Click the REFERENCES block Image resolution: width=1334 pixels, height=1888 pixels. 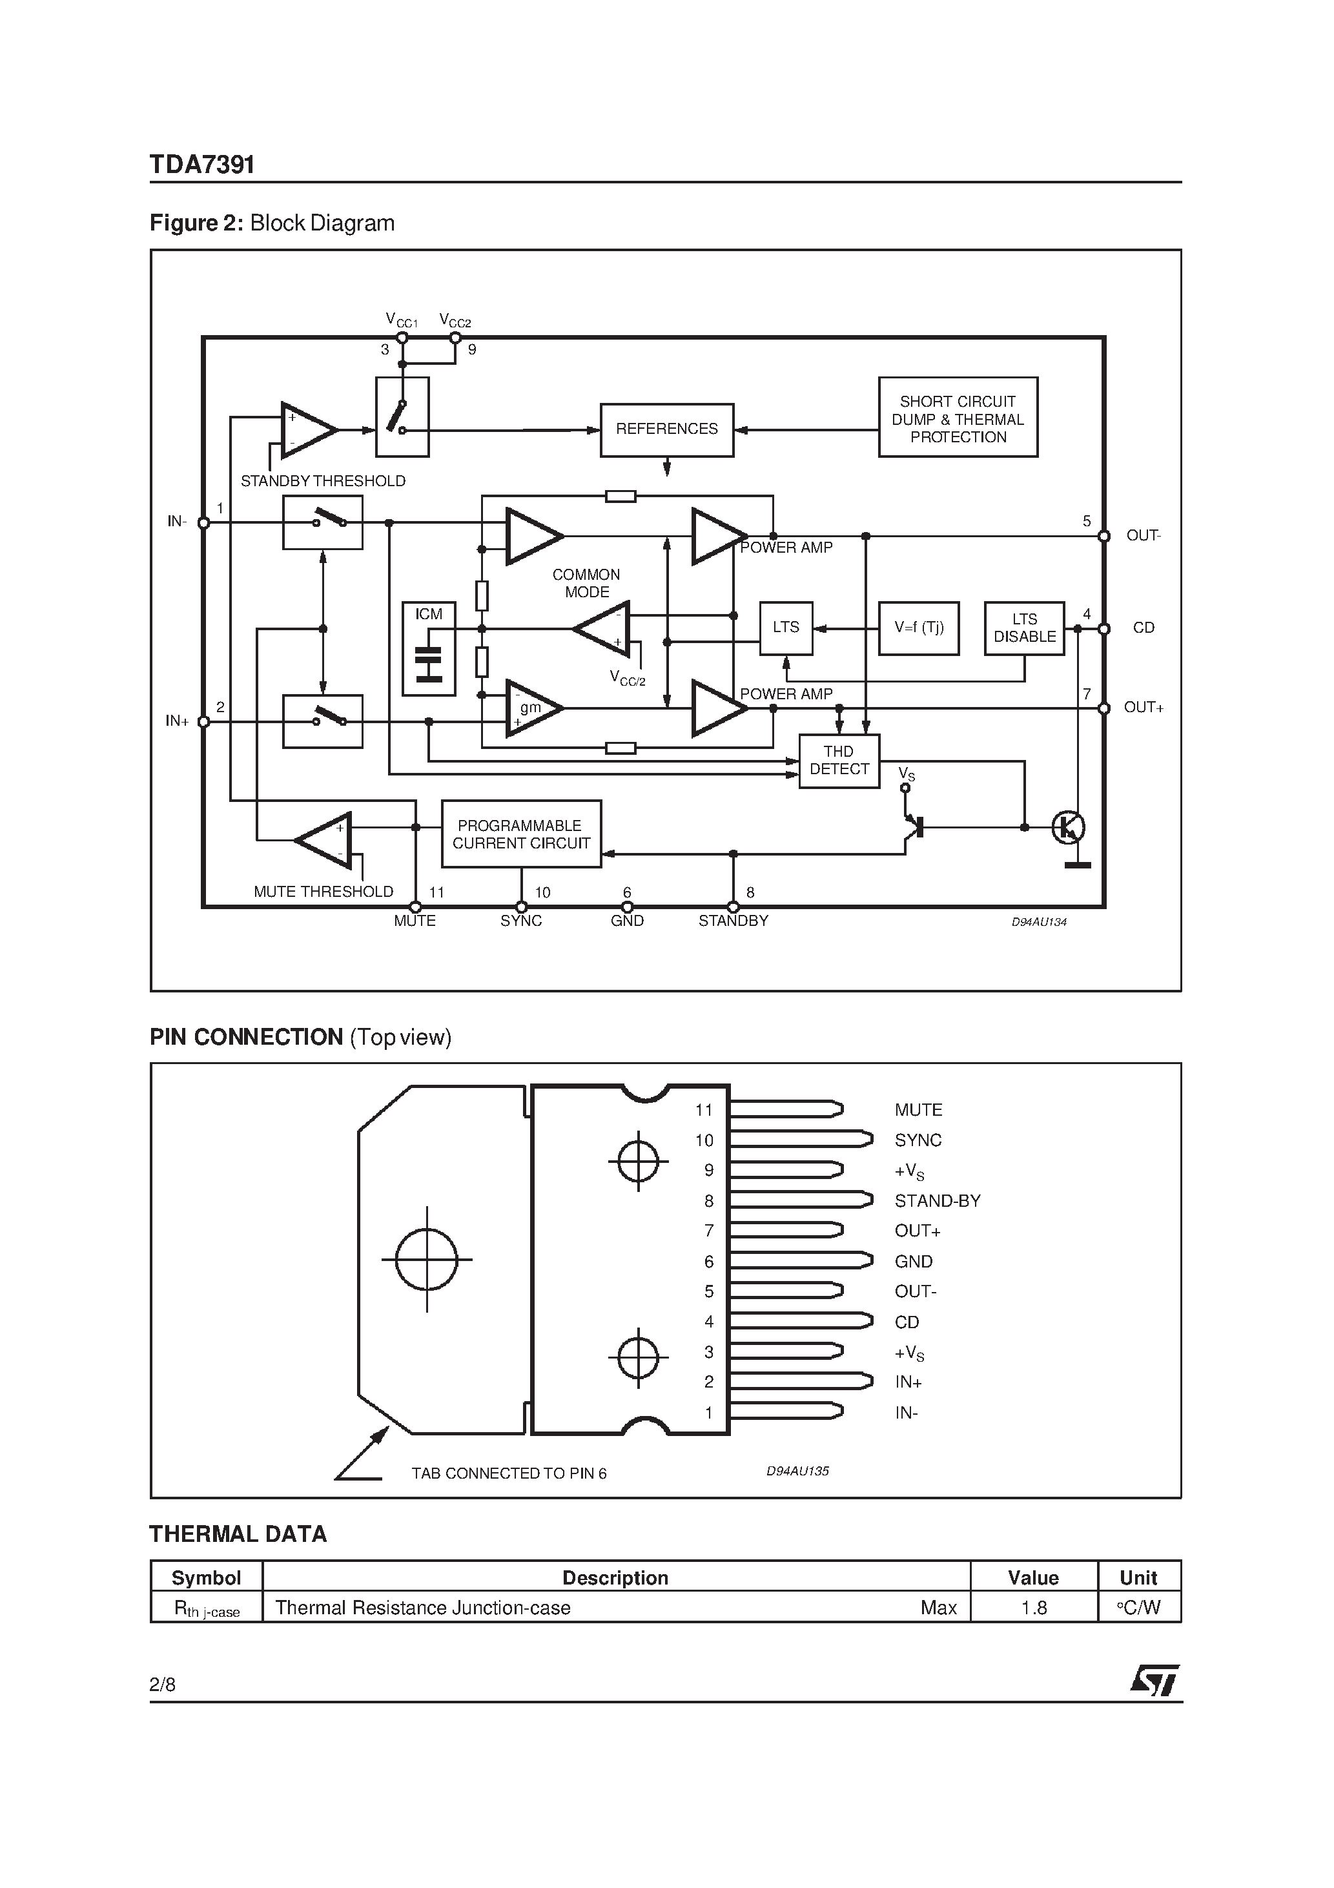pos(666,429)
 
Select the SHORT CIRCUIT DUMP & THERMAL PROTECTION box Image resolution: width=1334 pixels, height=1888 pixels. pos(958,418)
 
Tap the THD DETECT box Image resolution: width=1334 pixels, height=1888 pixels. pos(839,761)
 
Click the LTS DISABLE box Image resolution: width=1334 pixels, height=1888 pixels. pos(1024,628)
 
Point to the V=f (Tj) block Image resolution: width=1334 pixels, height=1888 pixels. pos(919,628)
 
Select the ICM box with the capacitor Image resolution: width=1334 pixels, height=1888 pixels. pos(429,649)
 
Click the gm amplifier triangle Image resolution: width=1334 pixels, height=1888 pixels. pos(531,708)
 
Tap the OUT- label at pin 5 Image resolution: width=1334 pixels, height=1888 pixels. pos(1143,535)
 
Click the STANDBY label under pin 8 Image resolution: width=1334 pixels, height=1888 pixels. pos(733,921)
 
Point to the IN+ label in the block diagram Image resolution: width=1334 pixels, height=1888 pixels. pos(177,721)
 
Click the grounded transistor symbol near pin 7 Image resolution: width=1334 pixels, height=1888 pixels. pos(1069,827)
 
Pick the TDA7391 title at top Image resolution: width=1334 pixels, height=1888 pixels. pos(202,165)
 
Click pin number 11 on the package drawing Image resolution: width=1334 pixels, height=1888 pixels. pos(703,1110)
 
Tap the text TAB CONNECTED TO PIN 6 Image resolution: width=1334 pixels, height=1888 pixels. pos(509,1473)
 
